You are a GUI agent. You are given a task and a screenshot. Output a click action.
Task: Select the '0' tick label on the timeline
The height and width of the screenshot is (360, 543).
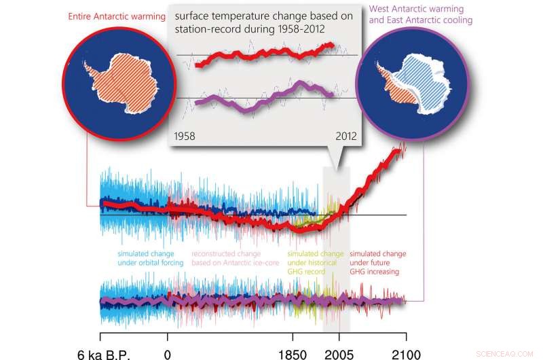pyautogui.click(x=167, y=353)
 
